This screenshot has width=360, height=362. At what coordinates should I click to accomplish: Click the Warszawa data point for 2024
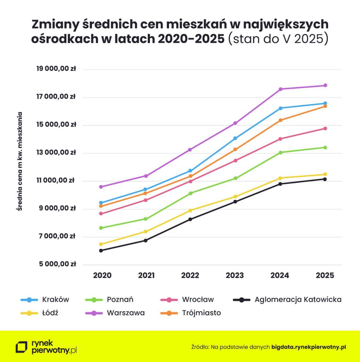coord(280,89)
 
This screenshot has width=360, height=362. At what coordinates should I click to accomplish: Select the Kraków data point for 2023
coord(235,138)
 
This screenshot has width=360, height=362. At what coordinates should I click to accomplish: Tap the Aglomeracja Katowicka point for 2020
coord(101,251)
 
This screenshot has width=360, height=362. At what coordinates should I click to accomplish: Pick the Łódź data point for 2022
coord(190,211)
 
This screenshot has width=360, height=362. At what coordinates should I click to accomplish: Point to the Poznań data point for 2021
coord(146,219)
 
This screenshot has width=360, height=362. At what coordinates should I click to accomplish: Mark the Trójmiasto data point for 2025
coord(325,106)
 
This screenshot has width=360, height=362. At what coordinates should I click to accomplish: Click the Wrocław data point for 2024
coord(280,139)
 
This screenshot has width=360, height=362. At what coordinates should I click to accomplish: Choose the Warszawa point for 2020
coord(101,187)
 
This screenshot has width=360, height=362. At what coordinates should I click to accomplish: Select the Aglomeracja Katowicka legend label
coord(298,299)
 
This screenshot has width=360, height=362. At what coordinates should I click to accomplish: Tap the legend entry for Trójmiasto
coord(201,313)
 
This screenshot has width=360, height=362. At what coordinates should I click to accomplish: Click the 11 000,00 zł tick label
coord(56,181)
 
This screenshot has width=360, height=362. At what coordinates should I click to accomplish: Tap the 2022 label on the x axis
coord(190,275)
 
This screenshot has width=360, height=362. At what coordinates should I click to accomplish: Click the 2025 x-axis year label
coord(325,275)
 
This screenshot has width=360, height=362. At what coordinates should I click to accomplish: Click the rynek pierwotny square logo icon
coord(22,347)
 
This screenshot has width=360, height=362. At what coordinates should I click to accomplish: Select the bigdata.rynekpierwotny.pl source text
coord(309,347)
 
